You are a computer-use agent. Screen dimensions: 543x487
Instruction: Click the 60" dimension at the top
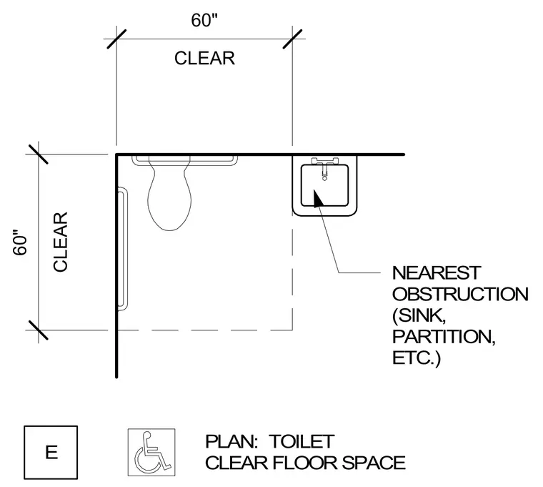[204, 20]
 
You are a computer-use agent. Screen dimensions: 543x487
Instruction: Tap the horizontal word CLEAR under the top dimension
[204, 58]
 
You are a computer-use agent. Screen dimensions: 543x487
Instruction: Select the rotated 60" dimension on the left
[21, 242]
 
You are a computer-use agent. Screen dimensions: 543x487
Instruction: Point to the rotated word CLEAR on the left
[60, 242]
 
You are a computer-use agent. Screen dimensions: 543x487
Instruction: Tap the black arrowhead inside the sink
[318, 199]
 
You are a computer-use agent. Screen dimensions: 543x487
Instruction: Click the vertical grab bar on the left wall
[122, 249]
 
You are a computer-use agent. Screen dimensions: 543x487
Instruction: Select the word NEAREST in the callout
[437, 272]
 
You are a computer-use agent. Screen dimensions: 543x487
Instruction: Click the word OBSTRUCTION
[460, 295]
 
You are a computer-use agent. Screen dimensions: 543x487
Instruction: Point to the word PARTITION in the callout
[444, 337]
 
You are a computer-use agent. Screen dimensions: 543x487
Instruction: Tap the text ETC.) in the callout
[417, 358]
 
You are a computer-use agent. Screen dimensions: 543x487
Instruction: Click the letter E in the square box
[51, 453]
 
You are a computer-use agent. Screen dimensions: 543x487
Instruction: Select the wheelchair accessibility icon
[151, 453]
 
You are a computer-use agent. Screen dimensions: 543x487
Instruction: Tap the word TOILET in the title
[302, 441]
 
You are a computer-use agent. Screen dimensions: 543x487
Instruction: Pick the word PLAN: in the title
[231, 441]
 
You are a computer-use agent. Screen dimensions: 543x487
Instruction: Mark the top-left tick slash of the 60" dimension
[116, 39]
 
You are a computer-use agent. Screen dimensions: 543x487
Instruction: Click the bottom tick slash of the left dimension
[39, 330]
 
